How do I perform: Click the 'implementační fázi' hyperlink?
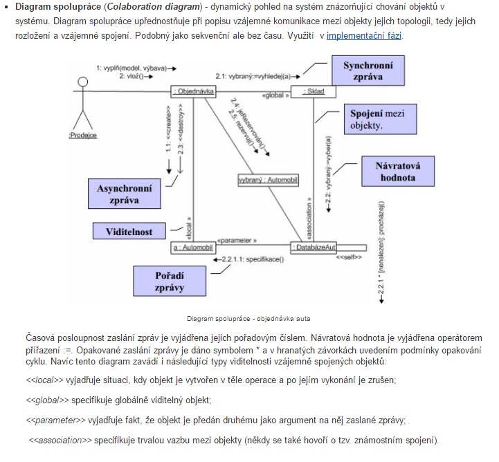364,35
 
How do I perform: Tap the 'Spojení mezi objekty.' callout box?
376,119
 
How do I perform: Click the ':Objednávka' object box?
194,91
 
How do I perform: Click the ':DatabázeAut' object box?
318,247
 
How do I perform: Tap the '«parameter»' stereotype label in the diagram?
237,240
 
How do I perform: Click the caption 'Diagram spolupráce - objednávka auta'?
248,319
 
